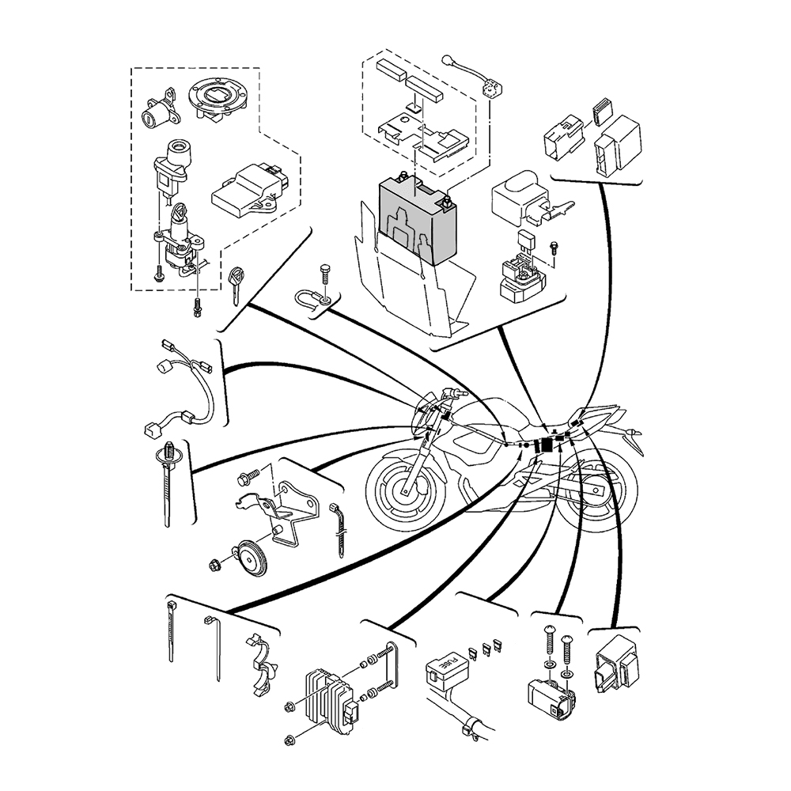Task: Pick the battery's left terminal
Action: pyautogui.click(x=404, y=176)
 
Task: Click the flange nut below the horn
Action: pyautogui.click(x=214, y=564)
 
